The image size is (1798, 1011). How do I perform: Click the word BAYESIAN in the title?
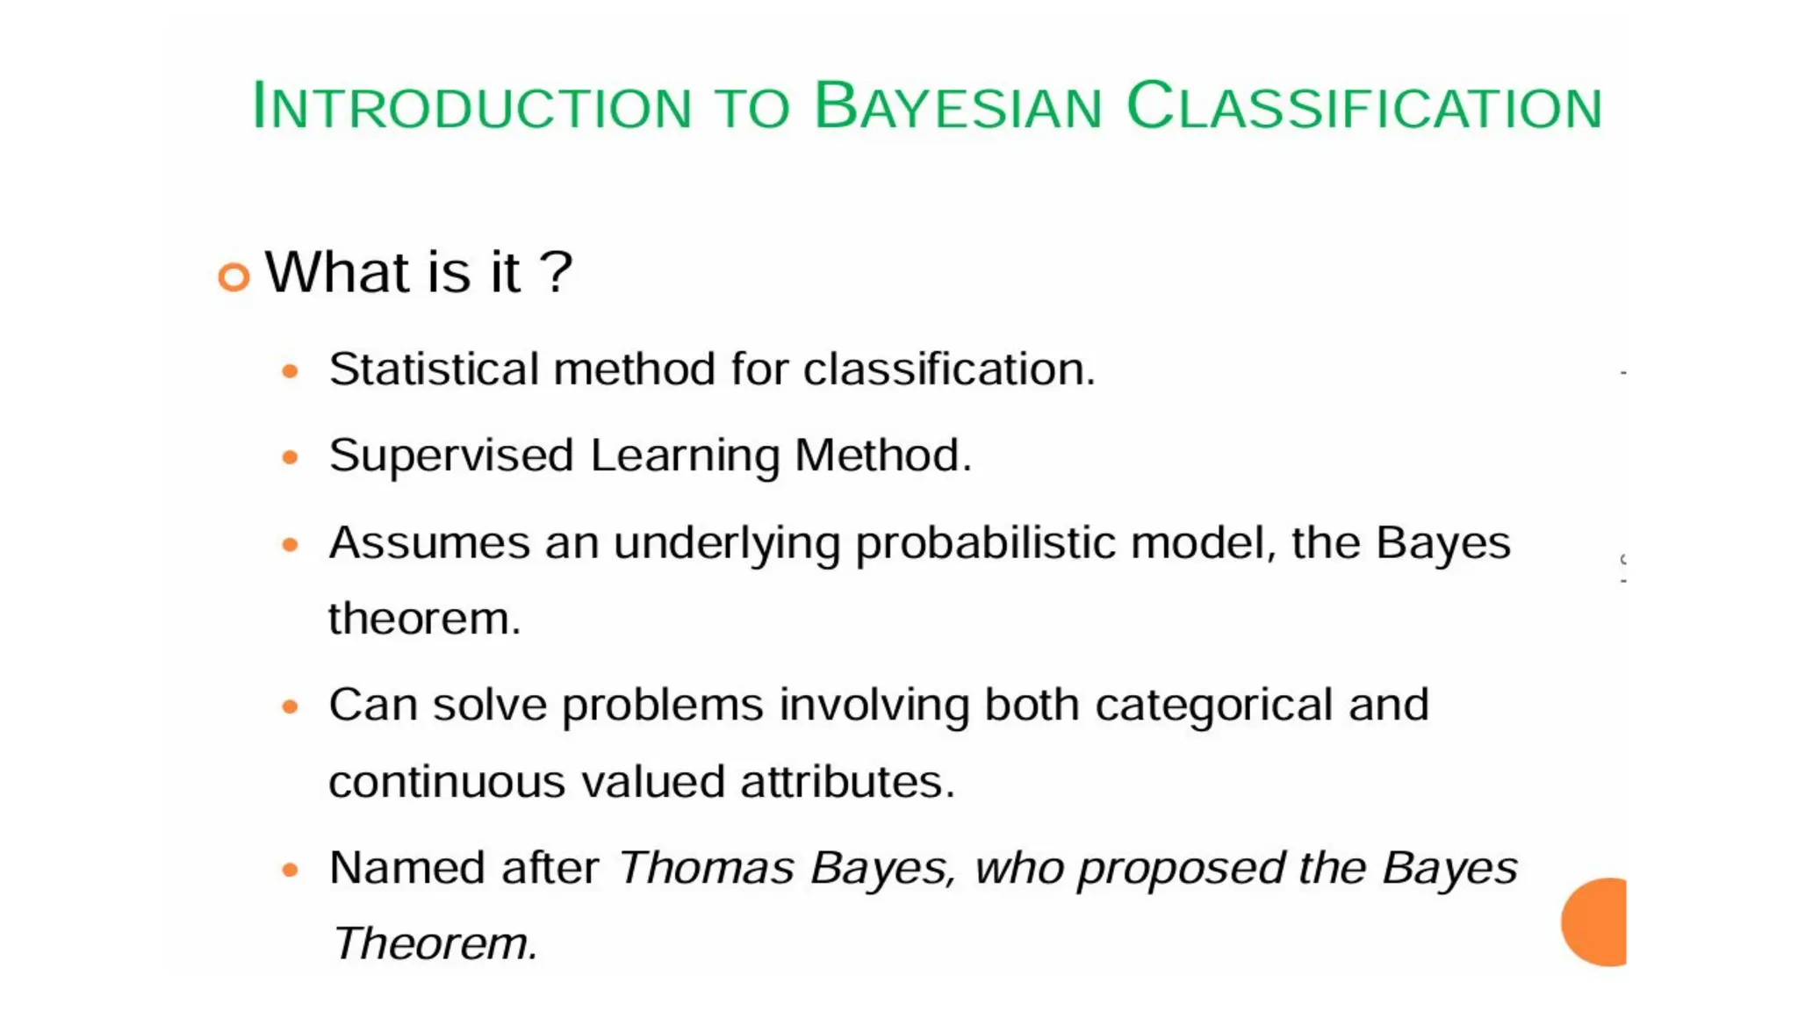pos(957,107)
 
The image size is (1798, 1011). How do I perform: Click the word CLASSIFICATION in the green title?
pos(1364,107)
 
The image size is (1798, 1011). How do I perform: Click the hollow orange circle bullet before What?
pos(234,277)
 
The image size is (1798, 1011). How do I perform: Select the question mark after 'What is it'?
pos(556,272)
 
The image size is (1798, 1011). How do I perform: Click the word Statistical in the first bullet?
pos(434,369)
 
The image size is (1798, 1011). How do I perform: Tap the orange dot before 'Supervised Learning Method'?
pos(291,457)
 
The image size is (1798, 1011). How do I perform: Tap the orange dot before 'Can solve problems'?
pos(291,706)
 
